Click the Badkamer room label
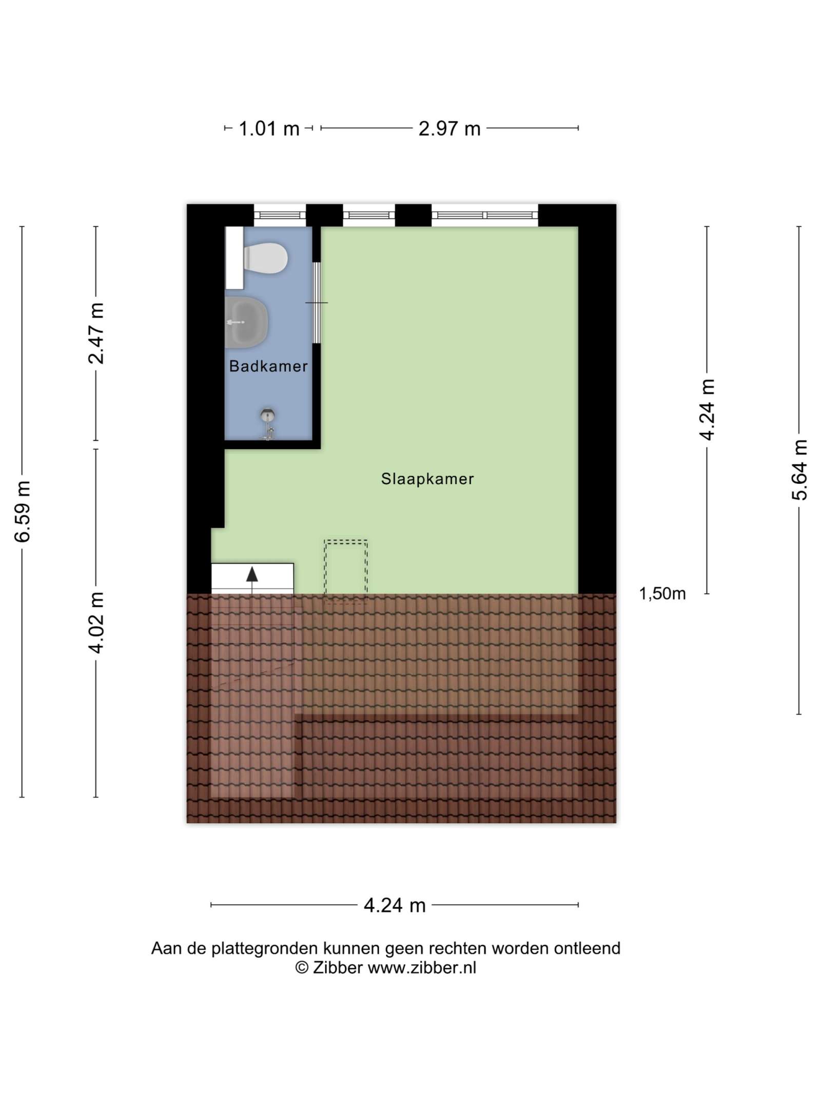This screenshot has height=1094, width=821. tap(268, 366)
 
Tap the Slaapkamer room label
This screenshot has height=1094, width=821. tap(427, 479)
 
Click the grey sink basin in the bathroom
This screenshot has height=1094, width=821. tap(246, 322)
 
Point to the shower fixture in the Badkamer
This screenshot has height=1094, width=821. tap(268, 424)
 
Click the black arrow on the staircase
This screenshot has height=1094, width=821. tap(252, 574)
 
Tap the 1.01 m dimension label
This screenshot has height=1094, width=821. tap(269, 128)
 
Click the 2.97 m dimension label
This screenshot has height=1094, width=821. tap(449, 128)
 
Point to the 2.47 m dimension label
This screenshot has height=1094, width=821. tap(96, 333)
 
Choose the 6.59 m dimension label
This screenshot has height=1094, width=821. tap(23, 511)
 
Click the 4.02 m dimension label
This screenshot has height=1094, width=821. tap(96, 623)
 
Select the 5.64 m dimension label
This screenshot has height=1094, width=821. tap(799, 470)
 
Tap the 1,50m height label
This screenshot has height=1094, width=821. tap(662, 593)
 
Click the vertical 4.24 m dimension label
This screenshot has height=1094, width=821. tap(707, 409)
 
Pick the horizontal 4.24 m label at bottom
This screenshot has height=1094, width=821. tap(395, 905)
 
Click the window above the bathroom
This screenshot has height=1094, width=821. tap(280, 215)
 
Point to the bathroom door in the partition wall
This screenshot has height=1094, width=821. tap(317, 303)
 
